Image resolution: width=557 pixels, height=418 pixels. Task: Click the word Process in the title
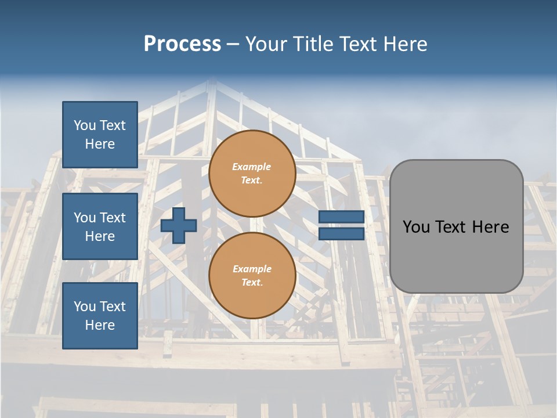tap(182, 44)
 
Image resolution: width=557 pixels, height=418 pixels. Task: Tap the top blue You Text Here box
tap(100, 135)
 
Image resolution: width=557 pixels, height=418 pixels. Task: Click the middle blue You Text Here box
tap(100, 226)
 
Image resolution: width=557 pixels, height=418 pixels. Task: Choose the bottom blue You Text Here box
tap(100, 316)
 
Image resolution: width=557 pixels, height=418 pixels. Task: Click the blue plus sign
tap(179, 225)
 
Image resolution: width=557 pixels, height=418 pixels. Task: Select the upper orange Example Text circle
tap(252, 174)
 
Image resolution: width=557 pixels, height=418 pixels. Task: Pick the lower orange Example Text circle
tap(252, 276)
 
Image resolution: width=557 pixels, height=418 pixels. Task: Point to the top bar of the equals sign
tap(341, 217)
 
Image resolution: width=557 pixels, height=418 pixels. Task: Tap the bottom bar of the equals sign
tap(341, 234)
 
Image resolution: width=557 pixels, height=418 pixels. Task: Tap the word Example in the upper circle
tap(251, 167)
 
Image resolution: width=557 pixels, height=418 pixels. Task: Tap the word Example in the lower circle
tap(251, 269)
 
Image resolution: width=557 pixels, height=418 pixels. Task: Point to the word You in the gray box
tap(416, 227)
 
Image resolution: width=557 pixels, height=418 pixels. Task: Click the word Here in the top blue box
tap(100, 144)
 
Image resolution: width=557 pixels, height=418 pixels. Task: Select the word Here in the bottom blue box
tap(100, 325)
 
